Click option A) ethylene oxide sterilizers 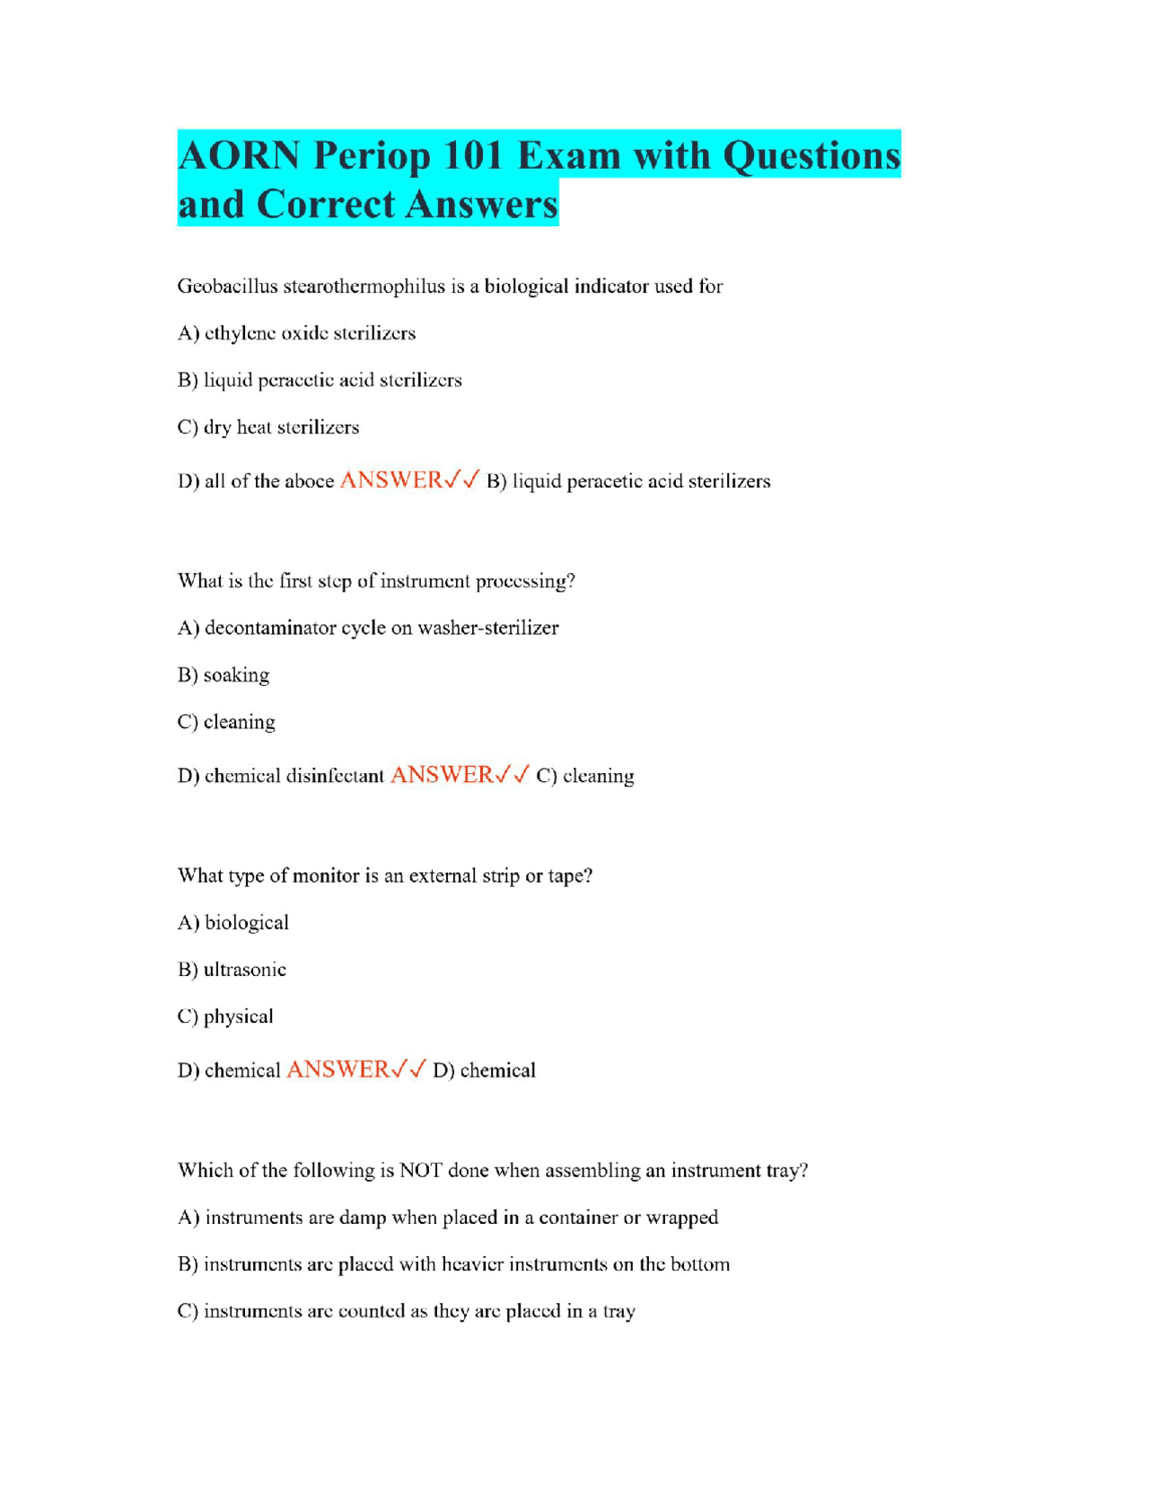click(x=296, y=333)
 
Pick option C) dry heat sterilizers click(x=268, y=427)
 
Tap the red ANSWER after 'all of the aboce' click(x=391, y=480)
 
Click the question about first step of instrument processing click(x=376, y=581)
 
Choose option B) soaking click(x=224, y=675)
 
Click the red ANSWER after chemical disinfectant click(x=442, y=775)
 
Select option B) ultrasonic click(x=232, y=970)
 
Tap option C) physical click(x=225, y=1016)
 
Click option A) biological click(x=233, y=923)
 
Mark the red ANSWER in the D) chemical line click(x=338, y=1069)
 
